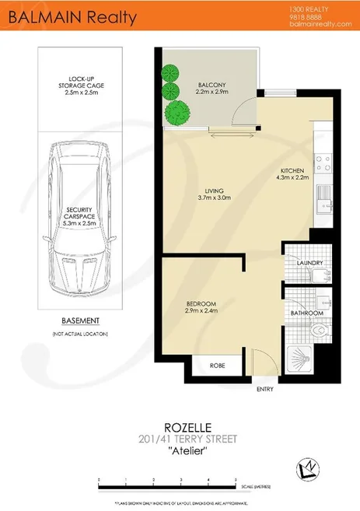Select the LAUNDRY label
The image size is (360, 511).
pos(309,264)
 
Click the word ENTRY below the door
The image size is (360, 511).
pos(265,390)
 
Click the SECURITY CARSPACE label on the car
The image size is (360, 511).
pos(81,215)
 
